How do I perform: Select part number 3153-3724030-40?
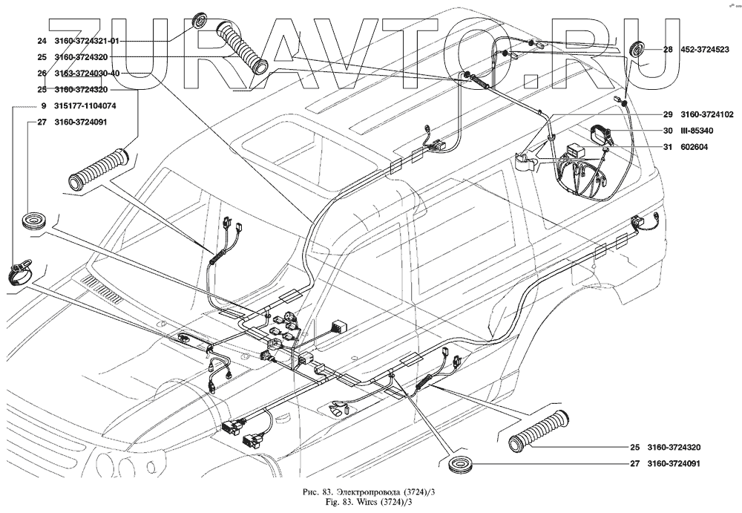[88, 73]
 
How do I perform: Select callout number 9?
[45, 105]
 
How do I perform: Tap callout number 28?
[668, 50]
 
